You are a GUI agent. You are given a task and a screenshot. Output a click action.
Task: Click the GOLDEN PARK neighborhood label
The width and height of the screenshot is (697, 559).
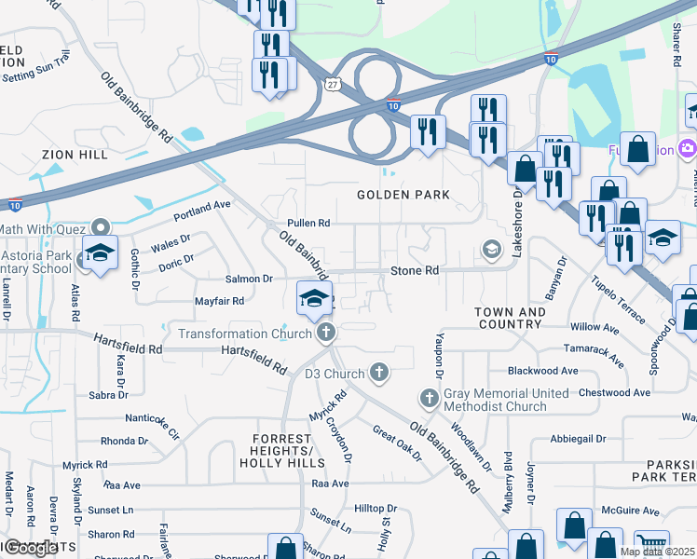[x=403, y=195]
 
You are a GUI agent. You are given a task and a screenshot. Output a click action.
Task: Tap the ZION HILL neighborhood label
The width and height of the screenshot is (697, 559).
[x=75, y=154]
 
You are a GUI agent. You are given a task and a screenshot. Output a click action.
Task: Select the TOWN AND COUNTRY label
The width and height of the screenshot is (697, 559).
[x=510, y=318]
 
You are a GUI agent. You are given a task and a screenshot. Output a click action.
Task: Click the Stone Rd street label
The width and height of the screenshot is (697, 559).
[x=414, y=271]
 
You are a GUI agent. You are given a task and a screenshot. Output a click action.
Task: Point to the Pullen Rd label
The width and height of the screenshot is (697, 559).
[x=308, y=224]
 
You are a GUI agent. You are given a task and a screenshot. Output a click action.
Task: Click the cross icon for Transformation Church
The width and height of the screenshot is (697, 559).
[x=325, y=333]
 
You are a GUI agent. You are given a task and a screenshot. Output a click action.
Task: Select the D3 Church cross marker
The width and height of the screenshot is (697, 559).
[x=378, y=374]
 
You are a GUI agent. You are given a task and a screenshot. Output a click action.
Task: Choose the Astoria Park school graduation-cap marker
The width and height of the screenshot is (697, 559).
[x=100, y=252]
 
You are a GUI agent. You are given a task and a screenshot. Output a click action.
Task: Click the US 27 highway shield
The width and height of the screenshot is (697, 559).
[x=333, y=84]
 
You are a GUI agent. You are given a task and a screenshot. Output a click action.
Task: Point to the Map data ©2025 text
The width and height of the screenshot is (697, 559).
[x=657, y=552]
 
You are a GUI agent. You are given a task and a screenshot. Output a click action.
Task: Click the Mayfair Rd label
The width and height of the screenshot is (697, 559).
[x=219, y=301]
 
